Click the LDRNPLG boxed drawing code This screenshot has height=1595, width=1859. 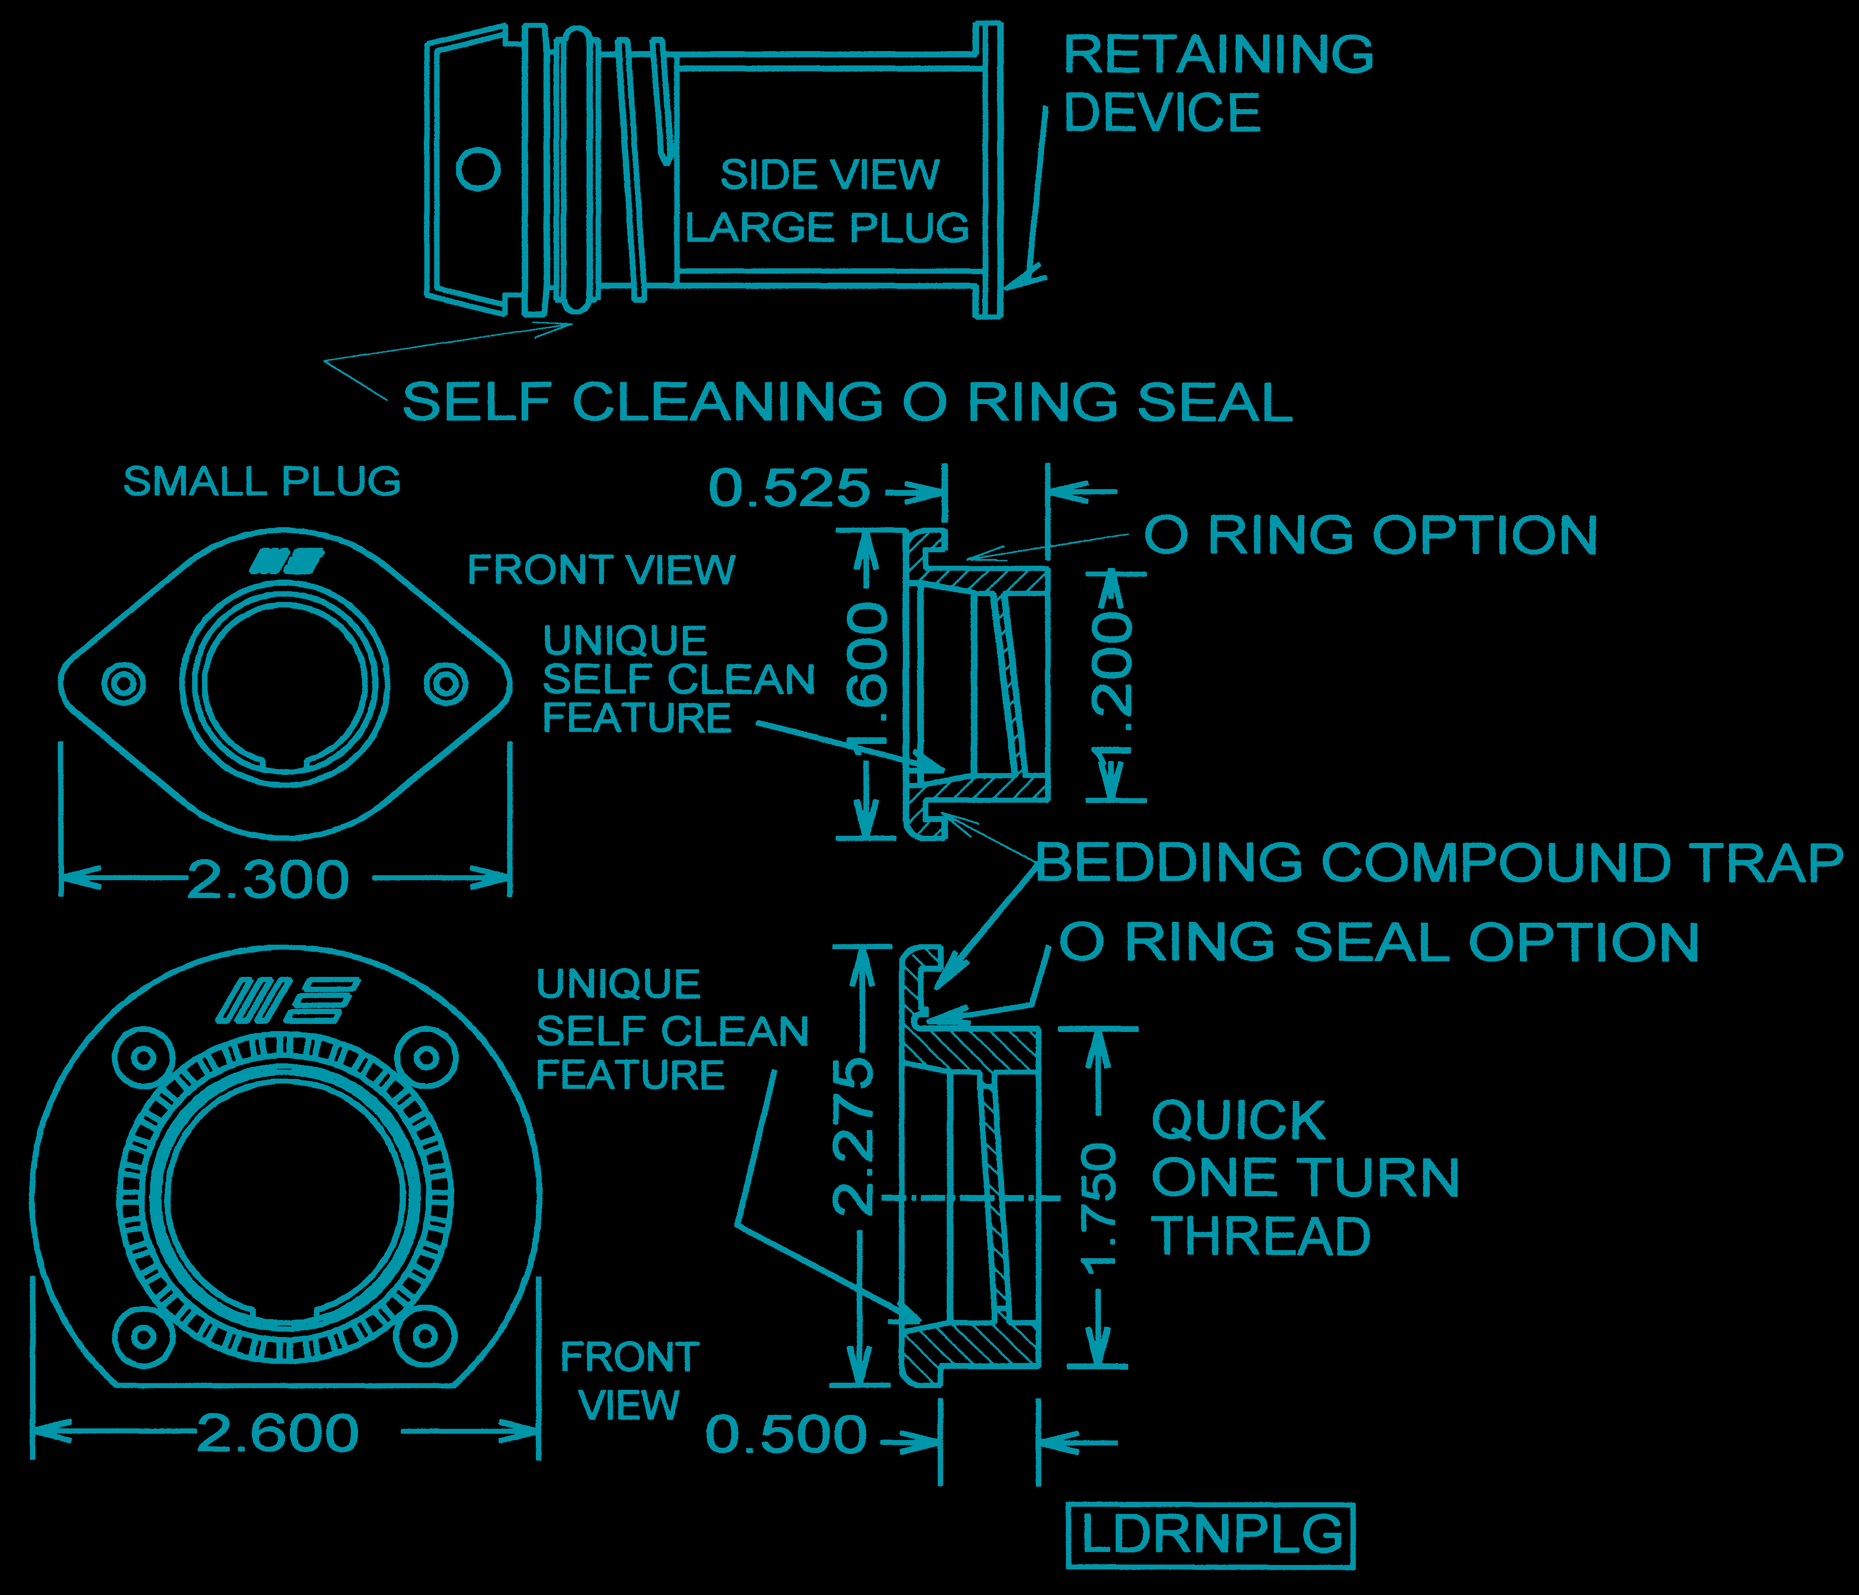pyautogui.click(x=1210, y=1536)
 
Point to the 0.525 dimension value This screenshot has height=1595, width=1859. pyautogui.click(x=789, y=489)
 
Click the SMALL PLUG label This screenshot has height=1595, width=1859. pyautogui.click(x=262, y=482)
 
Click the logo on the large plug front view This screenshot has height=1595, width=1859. pyautogui.click(x=287, y=1000)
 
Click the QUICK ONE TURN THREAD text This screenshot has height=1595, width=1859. pyautogui.click(x=1305, y=1178)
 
